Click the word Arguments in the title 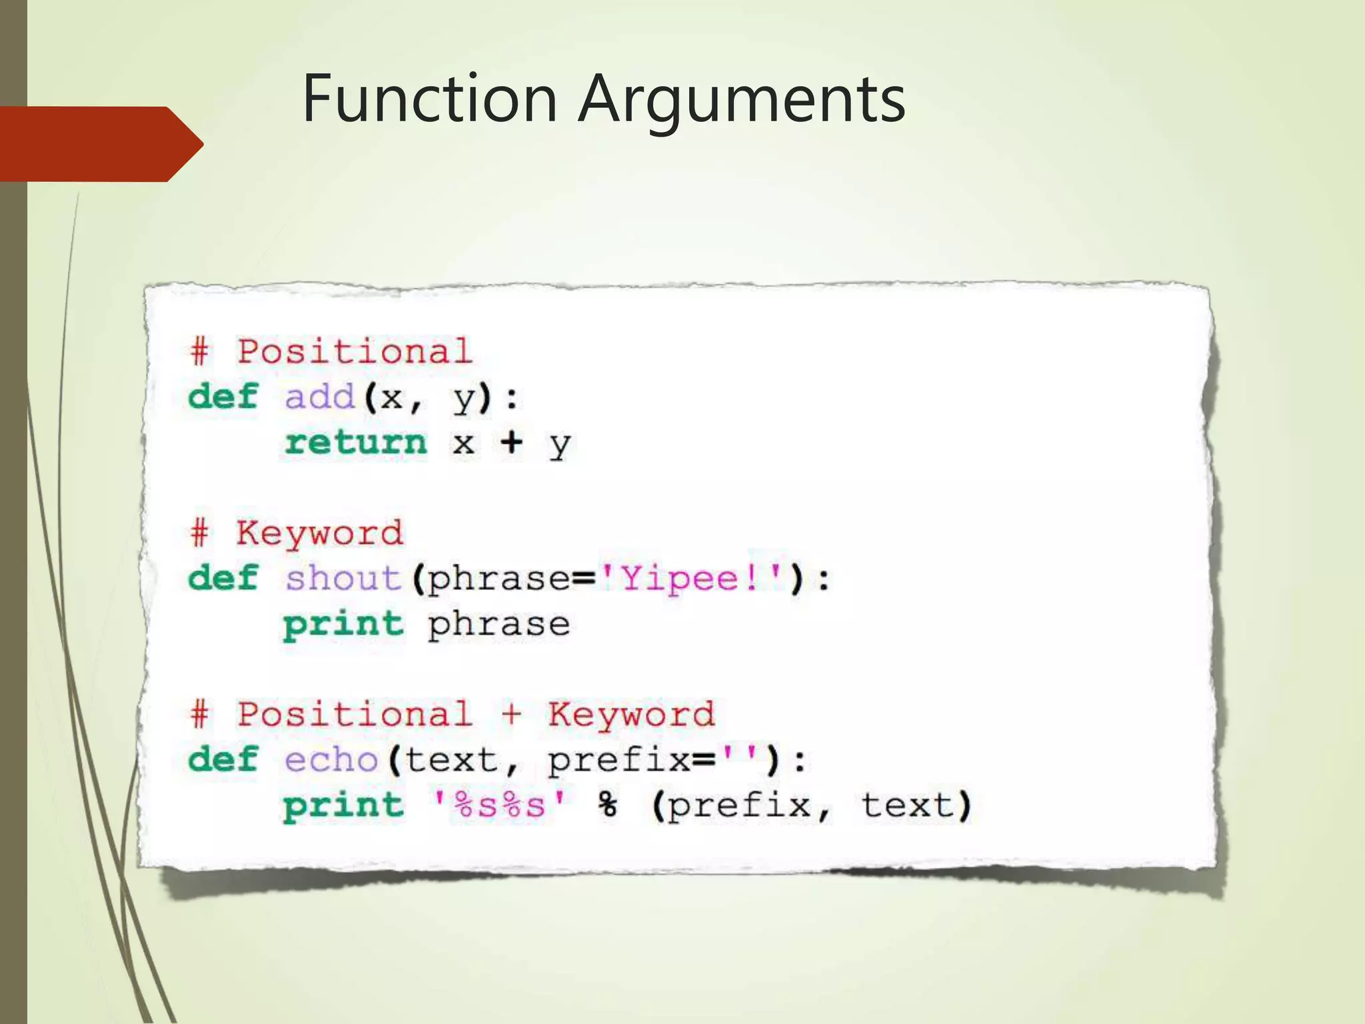pyautogui.click(x=741, y=100)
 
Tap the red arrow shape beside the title pyautogui.click(x=100, y=144)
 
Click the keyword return pyautogui.click(x=355, y=443)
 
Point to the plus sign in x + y pyautogui.click(x=511, y=442)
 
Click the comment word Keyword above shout pyautogui.click(x=320, y=533)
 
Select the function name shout pyautogui.click(x=343, y=578)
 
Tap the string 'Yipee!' pyautogui.click(x=691, y=578)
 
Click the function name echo pyautogui.click(x=331, y=759)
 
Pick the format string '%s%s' pyautogui.click(x=499, y=805)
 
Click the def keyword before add pyautogui.click(x=223, y=397)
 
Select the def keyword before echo pyautogui.click(x=223, y=759)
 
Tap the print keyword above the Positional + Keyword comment pyautogui.click(x=343, y=625)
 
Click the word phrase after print pyautogui.click(x=499, y=625)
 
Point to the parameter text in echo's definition pyautogui.click(x=451, y=759)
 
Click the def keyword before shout pyautogui.click(x=223, y=578)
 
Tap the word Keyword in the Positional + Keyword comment pyautogui.click(x=631, y=715)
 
